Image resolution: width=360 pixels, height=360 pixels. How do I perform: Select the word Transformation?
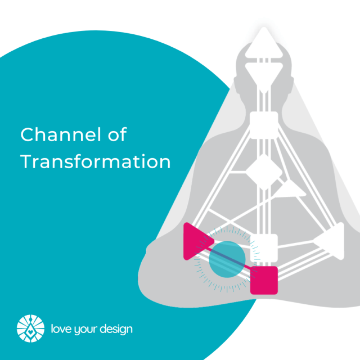95,162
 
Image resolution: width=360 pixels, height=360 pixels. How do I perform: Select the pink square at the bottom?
264,280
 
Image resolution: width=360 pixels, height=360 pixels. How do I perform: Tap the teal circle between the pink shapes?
227,259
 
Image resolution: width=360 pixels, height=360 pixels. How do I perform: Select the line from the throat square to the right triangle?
304,180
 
